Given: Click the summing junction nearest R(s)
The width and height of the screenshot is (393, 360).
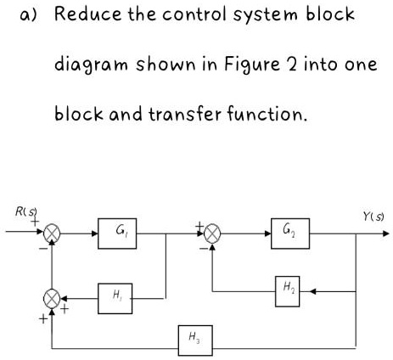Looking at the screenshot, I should pos(53,231).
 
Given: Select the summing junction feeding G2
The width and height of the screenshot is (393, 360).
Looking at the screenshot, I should pos(210,231).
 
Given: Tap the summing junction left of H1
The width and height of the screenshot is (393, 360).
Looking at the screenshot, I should pos(53,298).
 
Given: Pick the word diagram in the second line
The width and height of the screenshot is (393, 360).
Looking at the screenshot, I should pos(87,67).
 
